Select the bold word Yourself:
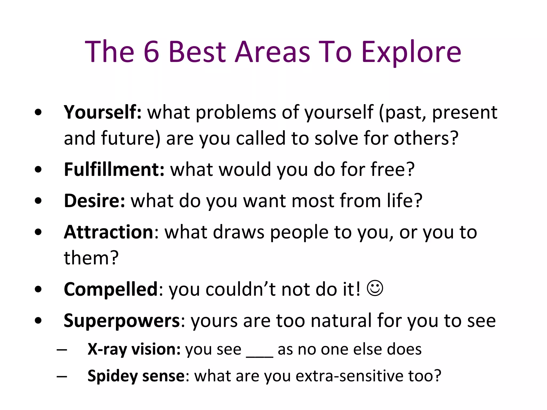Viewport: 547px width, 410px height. point(103,112)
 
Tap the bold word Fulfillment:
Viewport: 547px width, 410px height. point(114,169)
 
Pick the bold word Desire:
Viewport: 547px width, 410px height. point(95,201)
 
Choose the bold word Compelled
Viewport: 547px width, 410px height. point(111,289)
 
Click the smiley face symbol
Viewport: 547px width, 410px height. point(375,288)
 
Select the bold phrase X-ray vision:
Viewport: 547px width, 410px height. point(134,349)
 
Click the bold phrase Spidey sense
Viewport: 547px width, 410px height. point(136,376)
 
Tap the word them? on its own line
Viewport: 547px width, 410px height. point(91,258)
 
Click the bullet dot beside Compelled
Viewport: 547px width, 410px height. point(38,289)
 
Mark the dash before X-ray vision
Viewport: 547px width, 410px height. point(62,350)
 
